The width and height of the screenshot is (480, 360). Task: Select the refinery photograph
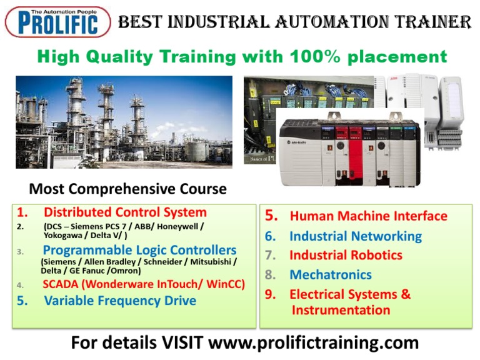pos(124,122)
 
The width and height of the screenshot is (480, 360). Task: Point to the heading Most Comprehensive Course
pos(128,188)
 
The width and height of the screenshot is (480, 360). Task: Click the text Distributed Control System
pos(125,212)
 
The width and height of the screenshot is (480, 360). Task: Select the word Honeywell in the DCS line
pos(181,226)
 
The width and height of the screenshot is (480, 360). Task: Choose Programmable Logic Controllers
pos(139,251)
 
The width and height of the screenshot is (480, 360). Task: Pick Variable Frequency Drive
pos(120,301)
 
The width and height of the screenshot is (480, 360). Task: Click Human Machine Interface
pos(368,216)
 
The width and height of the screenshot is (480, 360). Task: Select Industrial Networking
pos(355,236)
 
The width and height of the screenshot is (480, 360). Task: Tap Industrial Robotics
pos(346,255)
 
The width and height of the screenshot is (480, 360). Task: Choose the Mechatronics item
pos(330,274)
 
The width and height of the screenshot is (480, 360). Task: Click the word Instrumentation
pos(341,310)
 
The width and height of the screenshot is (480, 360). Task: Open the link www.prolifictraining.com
pos(312,342)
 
